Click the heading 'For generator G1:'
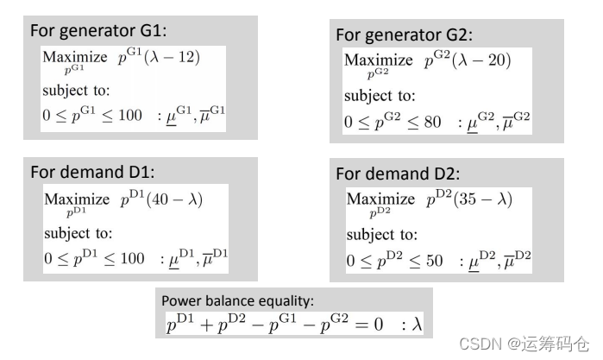click(98, 30)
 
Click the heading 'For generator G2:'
click(404, 35)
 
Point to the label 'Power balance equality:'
click(237, 300)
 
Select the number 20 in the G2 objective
click(498, 61)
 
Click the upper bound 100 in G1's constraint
click(129, 116)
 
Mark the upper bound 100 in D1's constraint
click(132, 258)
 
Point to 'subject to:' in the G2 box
click(380, 96)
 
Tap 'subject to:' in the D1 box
click(79, 233)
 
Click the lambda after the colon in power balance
click(417, 324)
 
